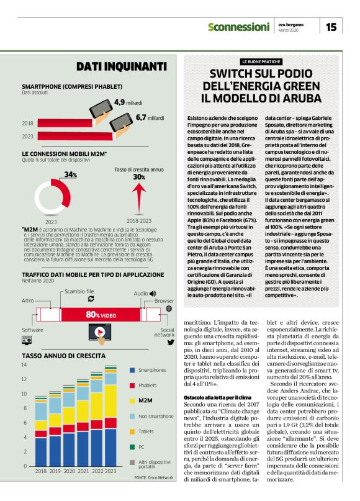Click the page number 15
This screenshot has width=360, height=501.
coord(331,27)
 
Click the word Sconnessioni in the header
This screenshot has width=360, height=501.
coord(238,27)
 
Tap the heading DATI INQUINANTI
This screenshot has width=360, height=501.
coord(121,66)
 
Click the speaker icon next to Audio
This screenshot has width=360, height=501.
coord(153,293)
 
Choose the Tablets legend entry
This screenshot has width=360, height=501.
coord(147,430)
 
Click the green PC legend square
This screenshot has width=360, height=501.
coord(132,446)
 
